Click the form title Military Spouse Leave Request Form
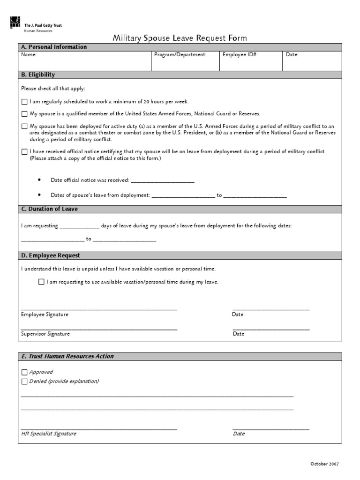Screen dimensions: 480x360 pos(180,38)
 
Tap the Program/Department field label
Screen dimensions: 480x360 pos(180,55)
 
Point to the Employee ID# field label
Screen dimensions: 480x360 pos(240,55)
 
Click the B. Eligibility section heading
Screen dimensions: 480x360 pos(38,75)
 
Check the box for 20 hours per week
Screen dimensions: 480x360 pos(24,101)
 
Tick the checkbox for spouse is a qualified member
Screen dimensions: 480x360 pos(24,114)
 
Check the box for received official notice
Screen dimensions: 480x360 pos(24,152)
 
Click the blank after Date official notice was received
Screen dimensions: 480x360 pos(162,180)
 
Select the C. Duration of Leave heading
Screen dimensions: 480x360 pos(49,209)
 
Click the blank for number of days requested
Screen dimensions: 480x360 pos(80,226)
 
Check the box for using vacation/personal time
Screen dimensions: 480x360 pos(41,282)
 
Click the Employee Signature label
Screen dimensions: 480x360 pos(45,315)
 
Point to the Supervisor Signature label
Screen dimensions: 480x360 pos(45,334)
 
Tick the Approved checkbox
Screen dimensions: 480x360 pos(24,372)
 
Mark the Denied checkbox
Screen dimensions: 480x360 pos(24,382)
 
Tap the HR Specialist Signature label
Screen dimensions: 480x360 pos(49,434)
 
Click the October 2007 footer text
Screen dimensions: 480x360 pos(324,464)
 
